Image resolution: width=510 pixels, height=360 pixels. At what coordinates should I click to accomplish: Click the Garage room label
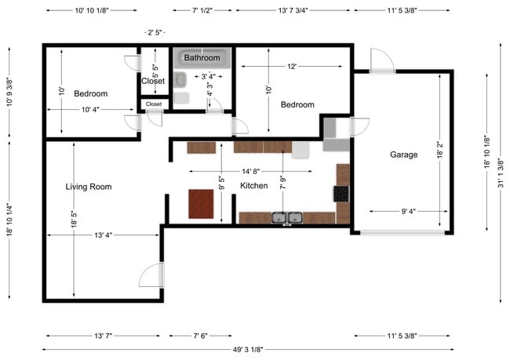pyautogui.click(x=403, y=155)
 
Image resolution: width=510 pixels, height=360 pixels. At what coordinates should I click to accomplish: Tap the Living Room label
pyautogui.click(x=89, y=187)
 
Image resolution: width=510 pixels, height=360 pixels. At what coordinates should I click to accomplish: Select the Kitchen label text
pyautogui.click(x=253, y=186)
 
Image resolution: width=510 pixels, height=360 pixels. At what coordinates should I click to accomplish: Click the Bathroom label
pyautogui.click(x=202, y=57)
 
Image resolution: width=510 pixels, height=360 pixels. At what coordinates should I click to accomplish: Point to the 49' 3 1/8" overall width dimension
pyautogui.click(x=248, y=350)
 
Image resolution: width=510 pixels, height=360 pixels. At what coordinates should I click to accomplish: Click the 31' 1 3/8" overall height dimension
pyautogui.click(x=501, y=173)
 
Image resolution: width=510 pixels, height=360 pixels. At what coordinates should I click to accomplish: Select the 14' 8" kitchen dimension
pyautogui.click(x=250, y=172)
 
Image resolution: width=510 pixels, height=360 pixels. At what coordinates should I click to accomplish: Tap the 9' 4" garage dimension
pyautogui.click(x=408, y=212)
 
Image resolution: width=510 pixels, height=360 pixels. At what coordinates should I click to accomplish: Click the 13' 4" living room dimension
pyautogui.click(x=103, y=235)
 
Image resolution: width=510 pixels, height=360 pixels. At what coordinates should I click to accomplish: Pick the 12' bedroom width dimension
pyautogui.click(x=292, y=67)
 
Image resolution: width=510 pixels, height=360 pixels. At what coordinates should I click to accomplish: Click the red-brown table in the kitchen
pyautogui.click(x=201, y=204)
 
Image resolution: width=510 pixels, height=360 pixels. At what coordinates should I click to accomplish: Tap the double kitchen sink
pyautogui.click(x=287, y=218)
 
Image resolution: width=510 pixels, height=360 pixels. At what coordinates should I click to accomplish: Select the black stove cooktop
pyautogui.click(x=341, y=194)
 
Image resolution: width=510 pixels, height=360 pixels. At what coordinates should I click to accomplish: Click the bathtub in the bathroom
pyautogui.click(x=202, y=58)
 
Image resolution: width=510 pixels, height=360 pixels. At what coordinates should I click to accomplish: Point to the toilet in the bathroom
pyautogui.click(x=180, y=80)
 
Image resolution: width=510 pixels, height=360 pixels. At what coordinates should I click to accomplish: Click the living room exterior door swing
pyautogui.click(x=151, y=275)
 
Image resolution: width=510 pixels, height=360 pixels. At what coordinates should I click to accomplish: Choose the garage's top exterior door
pyautogui.click(x=383, y=61)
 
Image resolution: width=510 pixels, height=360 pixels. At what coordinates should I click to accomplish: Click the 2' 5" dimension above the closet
pyautogui.click(x=155, y=32)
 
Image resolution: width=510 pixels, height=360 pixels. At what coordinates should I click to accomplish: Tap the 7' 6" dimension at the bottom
pyautogui.click(x=200, y=336)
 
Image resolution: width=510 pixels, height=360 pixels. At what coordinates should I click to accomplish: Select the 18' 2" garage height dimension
pyautogui.click(x=439, y=150)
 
